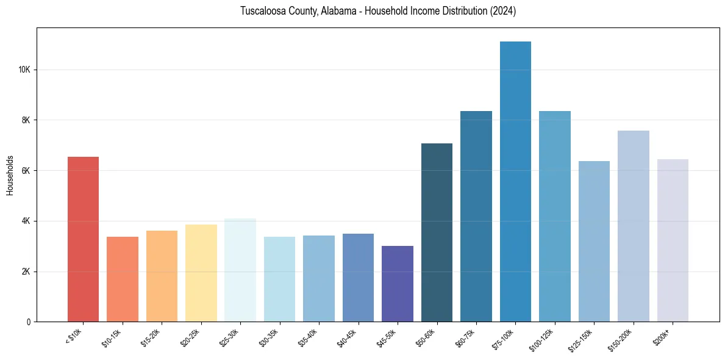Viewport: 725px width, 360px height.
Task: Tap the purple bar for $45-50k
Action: click(398, 284)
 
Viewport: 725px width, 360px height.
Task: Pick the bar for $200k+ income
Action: click(673, 240)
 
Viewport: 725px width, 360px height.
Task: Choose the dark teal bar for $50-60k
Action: click(437, 232)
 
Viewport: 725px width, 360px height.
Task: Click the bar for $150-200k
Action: click(633, 226)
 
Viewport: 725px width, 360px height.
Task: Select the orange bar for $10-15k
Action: click(123, 279)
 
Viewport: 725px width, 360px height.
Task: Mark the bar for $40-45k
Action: click(358, 278)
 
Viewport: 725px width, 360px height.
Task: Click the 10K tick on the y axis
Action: click(24, 70)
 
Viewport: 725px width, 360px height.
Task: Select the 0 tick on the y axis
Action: click(29, 322)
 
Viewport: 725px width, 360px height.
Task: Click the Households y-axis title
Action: click(10, 175)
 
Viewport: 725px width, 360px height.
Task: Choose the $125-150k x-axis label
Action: click(582, 340)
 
